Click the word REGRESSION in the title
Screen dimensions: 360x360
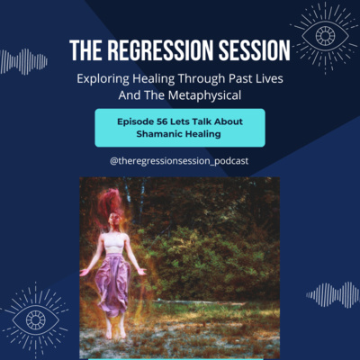[161, 50]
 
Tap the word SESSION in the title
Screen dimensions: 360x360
[255, 50]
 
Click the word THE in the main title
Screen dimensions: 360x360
[86, 50]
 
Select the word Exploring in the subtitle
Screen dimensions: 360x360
[103, 79]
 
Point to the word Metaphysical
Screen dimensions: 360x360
[204, 95]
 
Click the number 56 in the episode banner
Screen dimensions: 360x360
[162, 121]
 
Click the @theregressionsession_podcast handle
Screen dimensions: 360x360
[179, 161]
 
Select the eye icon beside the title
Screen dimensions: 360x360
[325, 36]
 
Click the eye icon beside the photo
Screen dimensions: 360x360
[35, 319]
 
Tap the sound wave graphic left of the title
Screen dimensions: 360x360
[23, 61]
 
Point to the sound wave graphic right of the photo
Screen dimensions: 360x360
[333, 295]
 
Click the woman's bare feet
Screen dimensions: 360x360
[115, 331]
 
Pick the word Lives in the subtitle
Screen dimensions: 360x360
[269, 79]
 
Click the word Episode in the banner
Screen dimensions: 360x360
[135, 121]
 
